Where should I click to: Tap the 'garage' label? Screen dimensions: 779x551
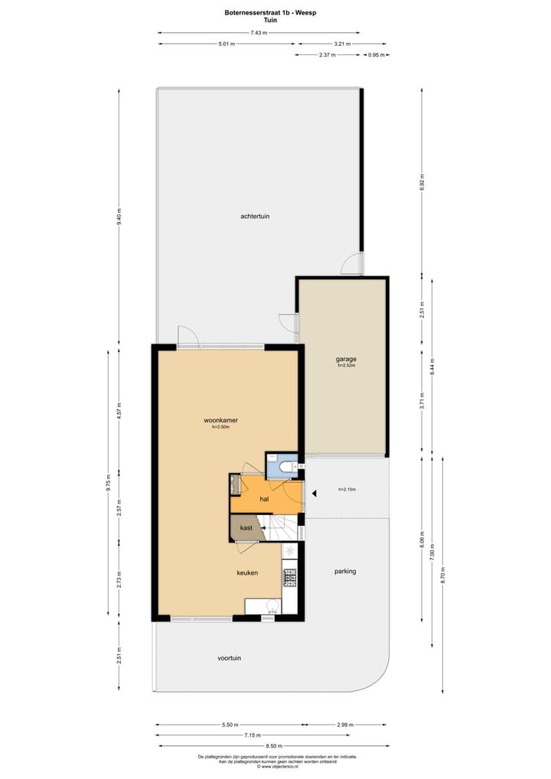tap(346, 359)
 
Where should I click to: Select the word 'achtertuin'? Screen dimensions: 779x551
tap(255, 217)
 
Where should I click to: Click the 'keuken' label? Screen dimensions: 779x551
tap(246, 572)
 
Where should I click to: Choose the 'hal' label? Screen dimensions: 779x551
tap(264, 498)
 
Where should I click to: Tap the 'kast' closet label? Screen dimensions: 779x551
tap(246, 528)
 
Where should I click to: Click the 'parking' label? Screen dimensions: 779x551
tap(345, 571)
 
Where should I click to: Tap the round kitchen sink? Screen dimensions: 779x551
tap(272, 606)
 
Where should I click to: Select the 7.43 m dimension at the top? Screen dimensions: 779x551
tap(259, 33)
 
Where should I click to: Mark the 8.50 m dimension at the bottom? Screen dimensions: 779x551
tap(272, 745)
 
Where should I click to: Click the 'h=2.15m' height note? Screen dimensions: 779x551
tap(347, 490)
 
